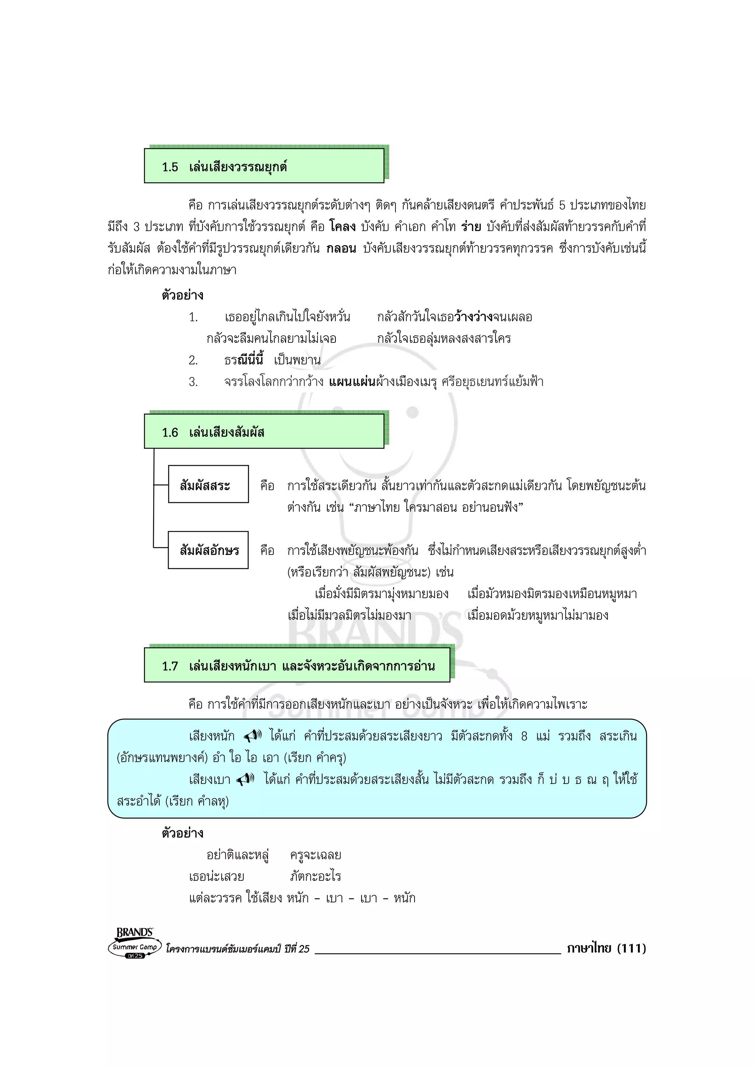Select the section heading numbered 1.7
click(x=298, y=666)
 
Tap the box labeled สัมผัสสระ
click(x=208, y=485)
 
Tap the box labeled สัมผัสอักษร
click(x=208, y=550)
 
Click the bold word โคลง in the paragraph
click(x=342, y=227)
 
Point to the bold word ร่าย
click(x=471, y=227)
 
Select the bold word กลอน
click(x=341, y=249)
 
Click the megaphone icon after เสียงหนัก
click(x=254, y=736)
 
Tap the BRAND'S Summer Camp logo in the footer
click(x=135, y=943)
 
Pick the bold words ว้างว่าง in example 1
click(x=473, y=317)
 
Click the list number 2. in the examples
click(x=193, y=360)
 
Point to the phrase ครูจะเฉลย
click(x=316, y=855)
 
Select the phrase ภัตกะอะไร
click(x=316, y=876)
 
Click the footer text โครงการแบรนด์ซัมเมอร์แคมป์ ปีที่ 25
click(x=237, y=949)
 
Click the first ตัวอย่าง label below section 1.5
click(x=182, y=296)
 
